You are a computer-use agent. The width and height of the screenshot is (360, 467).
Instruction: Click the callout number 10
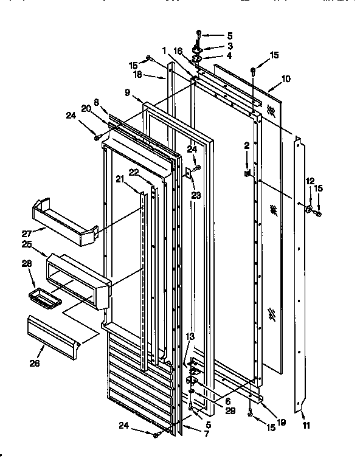[x=286, y=79]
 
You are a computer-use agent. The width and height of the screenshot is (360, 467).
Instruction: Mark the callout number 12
[x=310, y=180]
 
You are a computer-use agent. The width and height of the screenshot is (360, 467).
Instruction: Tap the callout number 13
[x=190, y=336]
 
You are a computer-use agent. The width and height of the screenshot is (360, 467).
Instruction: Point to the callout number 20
[x=86, y=108]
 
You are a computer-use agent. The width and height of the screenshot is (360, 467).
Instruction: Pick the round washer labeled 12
[x=310, y=211]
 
